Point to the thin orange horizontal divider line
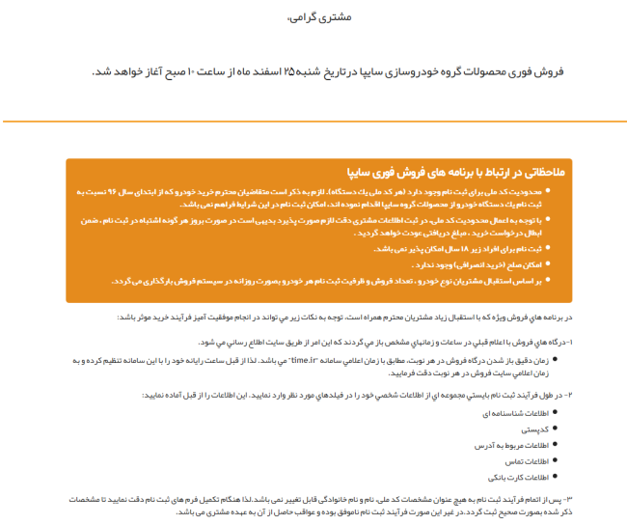(313, 123)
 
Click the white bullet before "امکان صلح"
(552, 263)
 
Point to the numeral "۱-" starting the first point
(569, 342)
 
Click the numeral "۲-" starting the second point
(569, 396)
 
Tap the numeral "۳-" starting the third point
(569, 498)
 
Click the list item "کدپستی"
(536, 428)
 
